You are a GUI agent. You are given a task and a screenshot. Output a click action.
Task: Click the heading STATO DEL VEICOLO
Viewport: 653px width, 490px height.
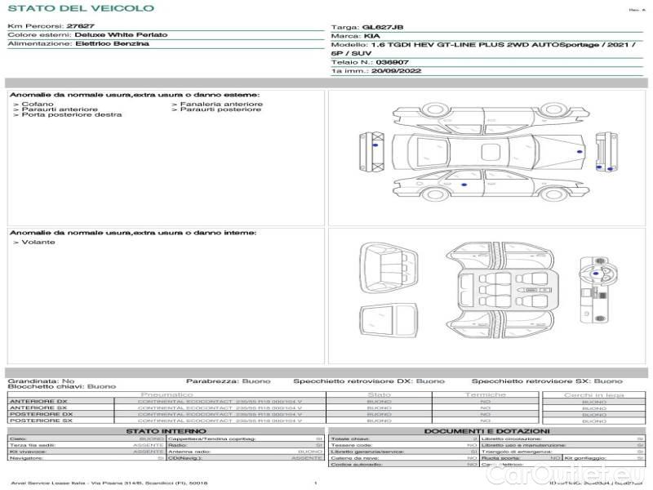80,8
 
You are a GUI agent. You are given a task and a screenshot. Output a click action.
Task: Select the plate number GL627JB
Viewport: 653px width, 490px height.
382,27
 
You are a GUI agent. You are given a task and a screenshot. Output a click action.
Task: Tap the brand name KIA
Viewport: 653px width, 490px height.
371,37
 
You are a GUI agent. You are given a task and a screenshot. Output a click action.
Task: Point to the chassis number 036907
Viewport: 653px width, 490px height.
393,62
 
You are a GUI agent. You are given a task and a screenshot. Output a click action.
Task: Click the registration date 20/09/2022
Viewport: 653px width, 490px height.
394,71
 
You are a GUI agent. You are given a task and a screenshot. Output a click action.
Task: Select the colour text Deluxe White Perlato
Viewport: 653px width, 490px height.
121,35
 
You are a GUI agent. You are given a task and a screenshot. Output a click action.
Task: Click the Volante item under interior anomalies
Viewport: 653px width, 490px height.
38,243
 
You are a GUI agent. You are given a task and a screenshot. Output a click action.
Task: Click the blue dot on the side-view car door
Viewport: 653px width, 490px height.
464,186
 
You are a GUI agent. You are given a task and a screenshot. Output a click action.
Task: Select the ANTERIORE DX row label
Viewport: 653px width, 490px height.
38,402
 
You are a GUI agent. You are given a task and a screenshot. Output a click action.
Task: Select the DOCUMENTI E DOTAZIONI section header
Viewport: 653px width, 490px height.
486,431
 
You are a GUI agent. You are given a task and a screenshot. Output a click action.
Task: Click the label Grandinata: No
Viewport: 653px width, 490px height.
41,381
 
